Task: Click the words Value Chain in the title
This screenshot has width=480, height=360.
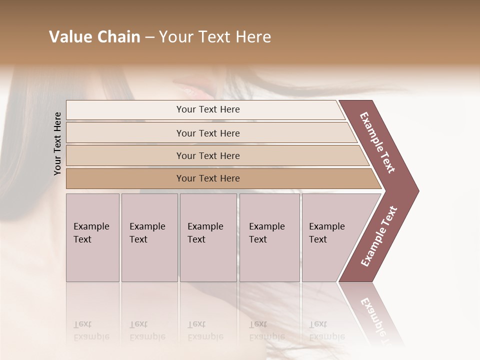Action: [94, 37]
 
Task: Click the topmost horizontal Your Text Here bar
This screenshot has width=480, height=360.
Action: [207, 109]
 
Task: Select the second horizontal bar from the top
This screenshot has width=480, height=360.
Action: [207, 133]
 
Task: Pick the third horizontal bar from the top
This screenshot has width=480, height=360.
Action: [207, 155]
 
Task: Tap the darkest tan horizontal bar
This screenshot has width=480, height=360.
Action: [207, 178]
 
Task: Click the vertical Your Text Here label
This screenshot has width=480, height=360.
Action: [57, 143]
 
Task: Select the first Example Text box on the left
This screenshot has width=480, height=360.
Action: [92, 237]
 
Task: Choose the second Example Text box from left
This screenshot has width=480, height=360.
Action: [149, 237]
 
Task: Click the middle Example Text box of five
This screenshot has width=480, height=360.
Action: [208, 237]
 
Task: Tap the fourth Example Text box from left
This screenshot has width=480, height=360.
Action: [269, 237]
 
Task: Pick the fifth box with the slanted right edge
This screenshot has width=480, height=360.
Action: [330, 237]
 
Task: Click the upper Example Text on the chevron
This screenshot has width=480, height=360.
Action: [377, 142]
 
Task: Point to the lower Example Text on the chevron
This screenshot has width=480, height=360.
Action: [378, 236]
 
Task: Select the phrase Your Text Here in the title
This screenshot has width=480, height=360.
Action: [215, 37]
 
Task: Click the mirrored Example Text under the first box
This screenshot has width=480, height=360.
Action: [91, 330]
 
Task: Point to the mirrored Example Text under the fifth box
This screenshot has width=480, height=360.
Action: [327, 330]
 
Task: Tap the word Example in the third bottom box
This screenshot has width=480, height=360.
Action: [205, 226]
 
